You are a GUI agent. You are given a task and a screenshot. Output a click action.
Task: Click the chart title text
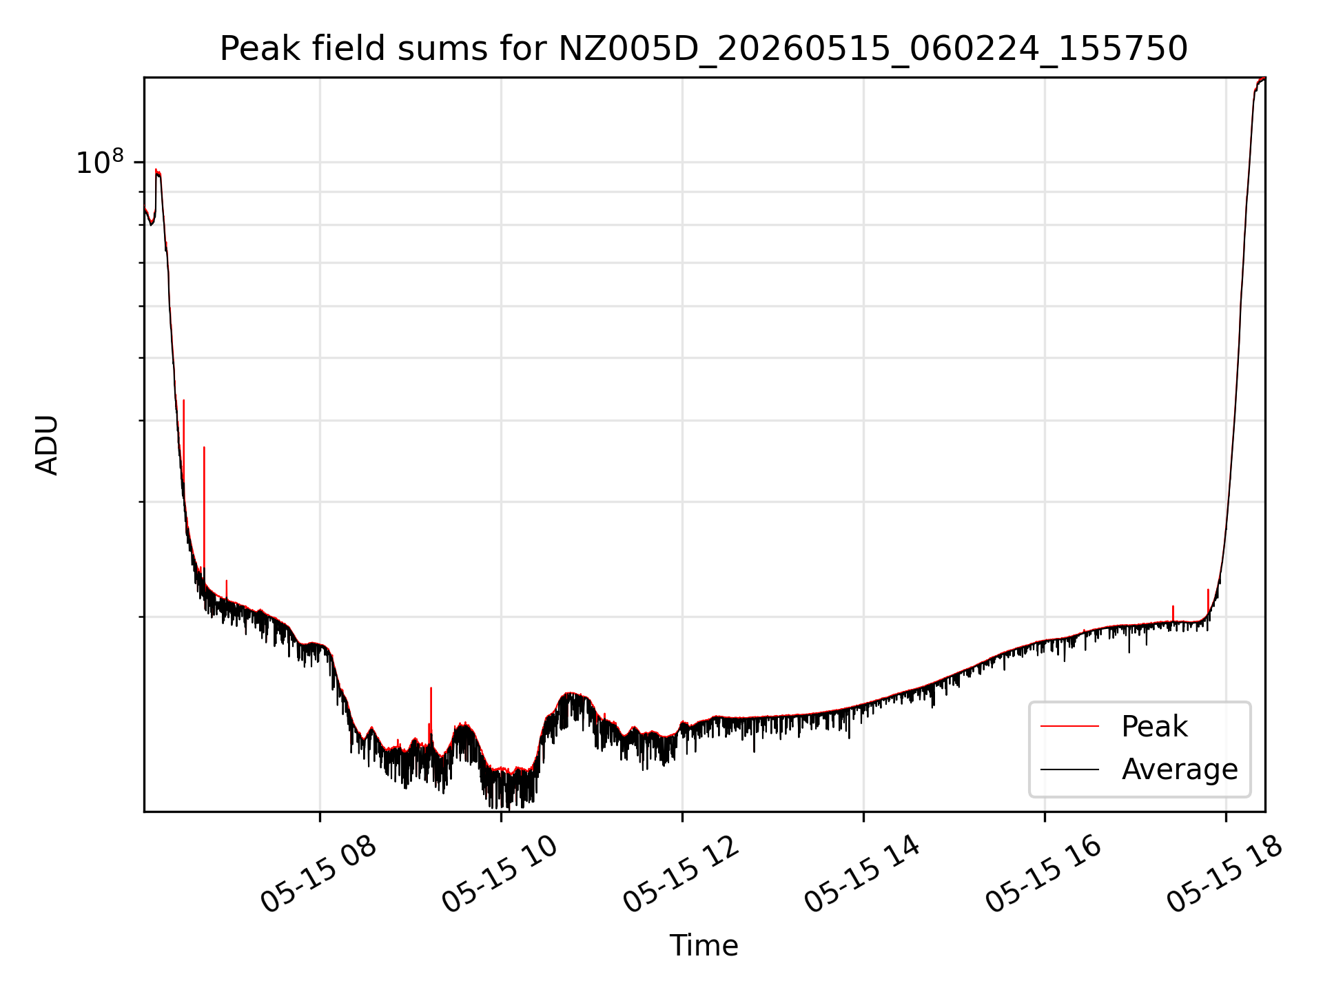pos(704,49)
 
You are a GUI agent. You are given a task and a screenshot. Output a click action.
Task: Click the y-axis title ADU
pos(47,445)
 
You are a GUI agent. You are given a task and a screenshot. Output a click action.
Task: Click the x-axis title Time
pos(704,946)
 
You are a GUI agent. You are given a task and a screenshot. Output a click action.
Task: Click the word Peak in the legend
pos(1154,727)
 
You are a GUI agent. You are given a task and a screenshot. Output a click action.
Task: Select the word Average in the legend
pos(1180,769)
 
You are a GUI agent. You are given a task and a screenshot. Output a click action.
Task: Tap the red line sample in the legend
pos(1069,726)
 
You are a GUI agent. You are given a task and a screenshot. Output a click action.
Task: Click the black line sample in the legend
pos(1069,769)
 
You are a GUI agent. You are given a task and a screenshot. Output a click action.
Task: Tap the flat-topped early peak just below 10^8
pos(158,172)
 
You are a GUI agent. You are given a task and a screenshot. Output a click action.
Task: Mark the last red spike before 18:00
pos(1208,601)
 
